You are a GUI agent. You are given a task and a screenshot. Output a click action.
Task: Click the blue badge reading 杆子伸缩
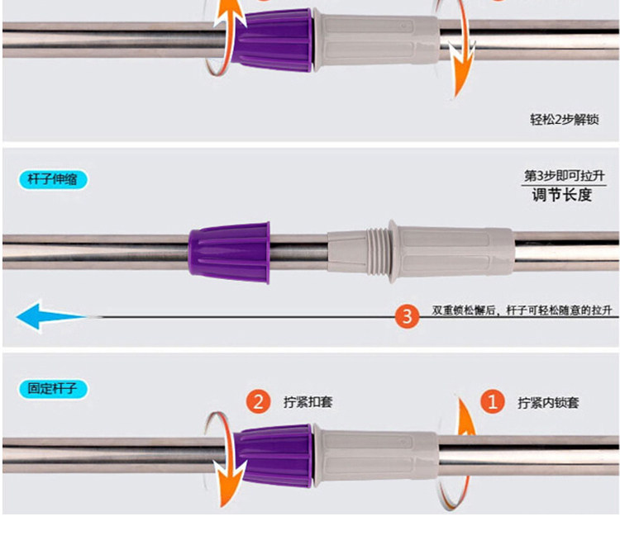coord(53,179)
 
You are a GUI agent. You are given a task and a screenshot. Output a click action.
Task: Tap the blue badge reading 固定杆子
coord(53,387)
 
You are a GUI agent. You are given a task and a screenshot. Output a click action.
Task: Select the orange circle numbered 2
coord(259,402)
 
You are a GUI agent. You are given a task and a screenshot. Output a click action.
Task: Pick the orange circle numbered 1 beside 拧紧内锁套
coord(493,402)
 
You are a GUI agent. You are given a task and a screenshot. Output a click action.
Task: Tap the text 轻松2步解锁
coord(565,120)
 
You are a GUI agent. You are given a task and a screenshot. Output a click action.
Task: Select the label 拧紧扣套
coord(308,403)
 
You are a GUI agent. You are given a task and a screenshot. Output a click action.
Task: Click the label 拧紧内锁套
coord(548,403)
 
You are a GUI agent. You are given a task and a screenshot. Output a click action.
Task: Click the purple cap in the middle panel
coord(229,252)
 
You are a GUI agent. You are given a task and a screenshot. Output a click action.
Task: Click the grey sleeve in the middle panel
coord(446,251)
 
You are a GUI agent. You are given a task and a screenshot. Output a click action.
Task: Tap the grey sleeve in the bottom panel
coord(376,455)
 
